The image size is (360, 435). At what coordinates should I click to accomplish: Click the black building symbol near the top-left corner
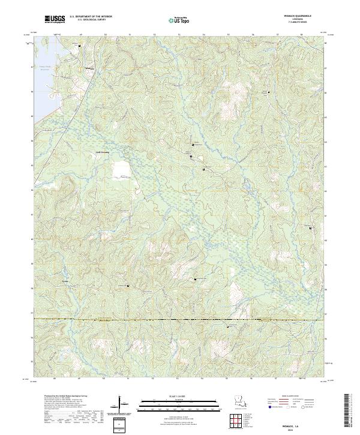point(79,45)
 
